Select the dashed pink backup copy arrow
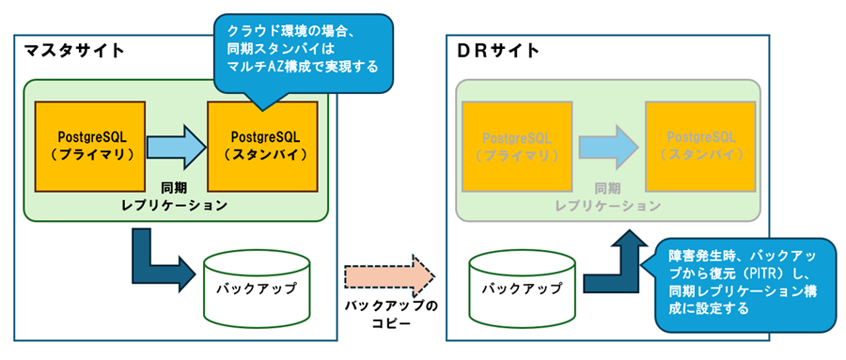tap(389, 275)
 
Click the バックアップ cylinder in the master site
tap(255, 282)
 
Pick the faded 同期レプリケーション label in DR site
tap(607, 196)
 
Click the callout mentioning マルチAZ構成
tap(301, 53)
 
